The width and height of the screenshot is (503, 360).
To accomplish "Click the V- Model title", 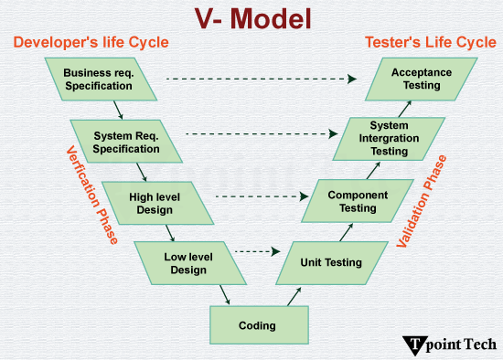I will click(252, 18).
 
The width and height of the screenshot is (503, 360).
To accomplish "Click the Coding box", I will click(257, 324).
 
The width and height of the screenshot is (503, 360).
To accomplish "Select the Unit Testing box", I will click(330, 262).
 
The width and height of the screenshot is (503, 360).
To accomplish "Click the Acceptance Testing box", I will click(416, 79).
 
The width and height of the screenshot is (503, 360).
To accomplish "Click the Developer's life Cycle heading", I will click(91, 43).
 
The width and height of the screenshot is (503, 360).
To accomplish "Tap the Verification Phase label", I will click(91, 195).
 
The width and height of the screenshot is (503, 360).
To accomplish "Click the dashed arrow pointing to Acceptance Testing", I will click(265, 79).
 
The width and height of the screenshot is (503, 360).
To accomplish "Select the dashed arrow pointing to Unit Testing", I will click(257, 250).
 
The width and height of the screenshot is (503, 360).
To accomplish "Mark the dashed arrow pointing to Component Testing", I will click(262, 196).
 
